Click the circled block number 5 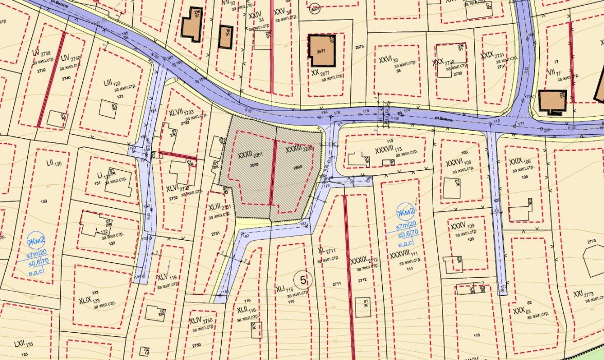pyautogui.click(x=304, y=280)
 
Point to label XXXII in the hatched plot pyautogui.click(x=245, y=154)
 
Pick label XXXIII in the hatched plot pyautogui.click(x=293, y=149)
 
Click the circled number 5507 pyautogui.click(x=315, y=8)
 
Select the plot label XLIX pyautogui.click(x=85, y=299)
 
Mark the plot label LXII pyautogui.click(x=20, y=343)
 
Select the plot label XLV pyautogui.click(x=163, y=277)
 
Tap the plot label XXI pyautogui.click(x=577, y=293)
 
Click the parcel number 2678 pyautogui.click(x=359, y=47)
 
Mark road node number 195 pyautogui.click(x=125, y=34)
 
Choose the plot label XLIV pyautogui.click(x=196, y=320)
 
